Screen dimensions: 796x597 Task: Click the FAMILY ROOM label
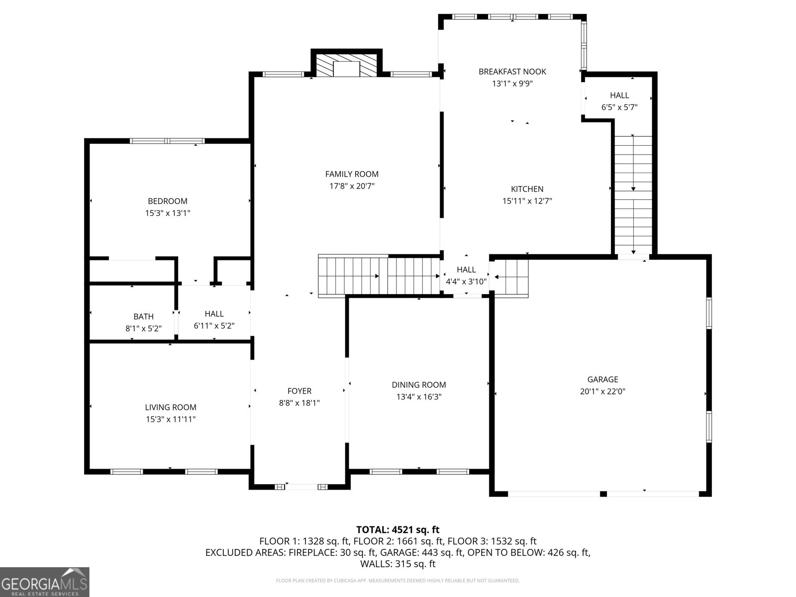coord(351,174)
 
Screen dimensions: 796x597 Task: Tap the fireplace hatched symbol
coord(346,65)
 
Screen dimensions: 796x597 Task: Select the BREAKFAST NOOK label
coord(512,72)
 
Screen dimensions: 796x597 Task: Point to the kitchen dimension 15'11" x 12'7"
coord(527,201)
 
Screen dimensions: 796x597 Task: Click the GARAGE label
coord(602,379)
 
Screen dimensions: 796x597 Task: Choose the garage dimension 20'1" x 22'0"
coord(602,391)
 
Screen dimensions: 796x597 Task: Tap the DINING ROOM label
coord(418,385)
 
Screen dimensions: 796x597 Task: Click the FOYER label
coord(299,391)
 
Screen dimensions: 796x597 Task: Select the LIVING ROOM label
coord(171,407)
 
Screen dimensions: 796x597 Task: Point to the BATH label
coord(143,316)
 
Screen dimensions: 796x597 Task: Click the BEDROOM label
coord(168,201)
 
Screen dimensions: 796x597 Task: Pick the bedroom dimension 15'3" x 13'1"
coord(168,213)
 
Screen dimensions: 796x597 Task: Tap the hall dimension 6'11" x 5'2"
coord(214,325)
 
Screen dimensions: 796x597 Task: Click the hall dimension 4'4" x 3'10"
coord(466,281)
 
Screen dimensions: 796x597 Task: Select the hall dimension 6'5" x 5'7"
coord(619,107)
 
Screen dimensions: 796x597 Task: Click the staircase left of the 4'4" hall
coord(379,276)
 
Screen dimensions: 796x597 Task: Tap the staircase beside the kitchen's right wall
coord(633,195)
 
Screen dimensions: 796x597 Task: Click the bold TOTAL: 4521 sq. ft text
coord(398,529)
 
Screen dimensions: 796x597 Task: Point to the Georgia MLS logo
coord(45,582)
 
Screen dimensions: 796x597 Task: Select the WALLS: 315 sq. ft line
coord(398,564)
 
